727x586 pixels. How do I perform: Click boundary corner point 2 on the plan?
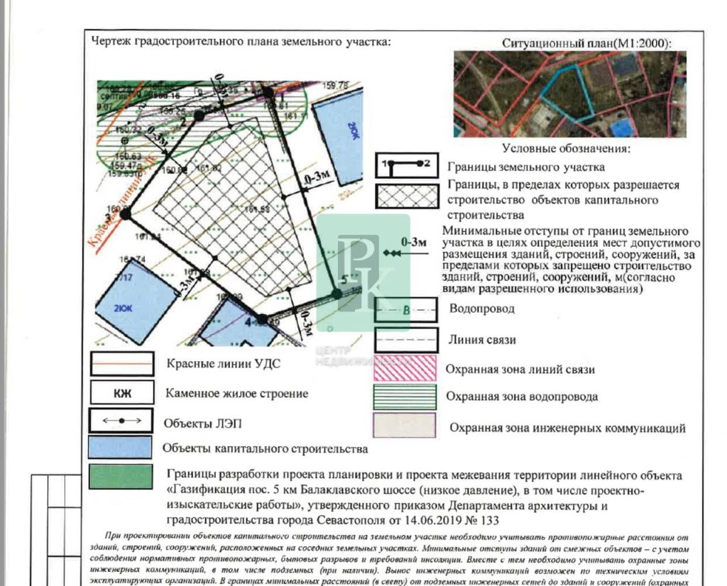(199, 114)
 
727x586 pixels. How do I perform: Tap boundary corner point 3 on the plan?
(126, 213)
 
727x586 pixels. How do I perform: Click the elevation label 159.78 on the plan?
(336, 86)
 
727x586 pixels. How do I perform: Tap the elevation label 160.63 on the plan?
(113, 156)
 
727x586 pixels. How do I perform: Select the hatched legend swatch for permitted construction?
(406, 195)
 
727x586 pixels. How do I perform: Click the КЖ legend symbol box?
(121, 392)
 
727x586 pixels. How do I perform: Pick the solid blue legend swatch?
(121, 448)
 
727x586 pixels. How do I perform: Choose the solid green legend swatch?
(121, 476)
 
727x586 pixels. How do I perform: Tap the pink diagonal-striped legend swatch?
(405, 368)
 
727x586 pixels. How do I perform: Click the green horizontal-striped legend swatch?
(405, 396)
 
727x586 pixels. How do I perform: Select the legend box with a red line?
(121, 364)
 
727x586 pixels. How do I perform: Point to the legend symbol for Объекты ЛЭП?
(121, 421)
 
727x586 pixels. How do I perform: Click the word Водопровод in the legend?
(482, 309)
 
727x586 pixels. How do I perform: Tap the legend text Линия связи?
(483, 340)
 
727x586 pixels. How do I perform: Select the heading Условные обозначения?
(567, 149)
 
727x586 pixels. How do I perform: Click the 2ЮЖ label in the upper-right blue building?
(353, 130)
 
